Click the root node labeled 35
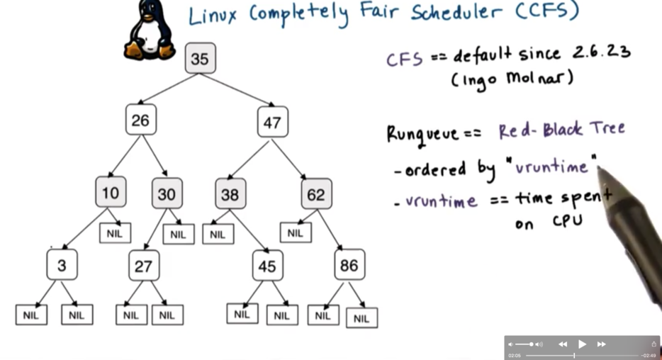click(x=200, y=58)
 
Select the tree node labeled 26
click(x=140, y=120)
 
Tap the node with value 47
click(x=272, y=121)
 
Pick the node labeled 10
click(x=110, y=192)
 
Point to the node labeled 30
click(x=167, y=193)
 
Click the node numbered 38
click(x=230, y=193)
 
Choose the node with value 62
click(x=316, y=193)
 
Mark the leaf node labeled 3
click(x=62, y=265)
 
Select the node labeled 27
click(x=144, y=266)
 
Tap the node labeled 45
click(x=267, y=266)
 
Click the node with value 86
click(x=349, y=265)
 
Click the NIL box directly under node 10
click(x=115, y=232)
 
